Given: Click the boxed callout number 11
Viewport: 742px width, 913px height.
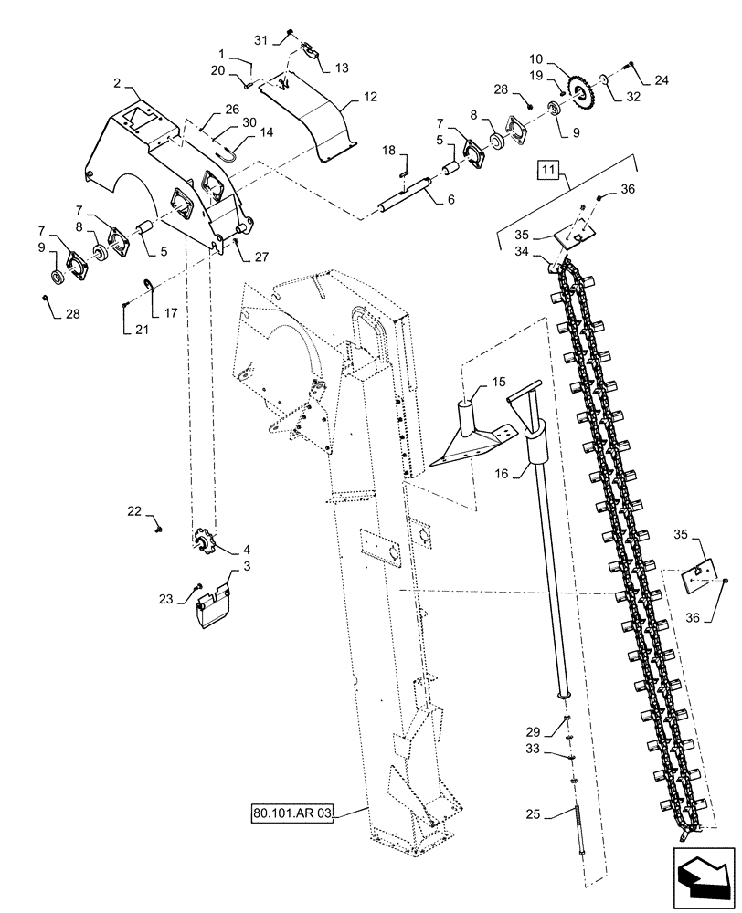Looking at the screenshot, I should (x=546, y=170).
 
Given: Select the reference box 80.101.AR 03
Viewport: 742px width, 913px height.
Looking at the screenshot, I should (x=291, y=812).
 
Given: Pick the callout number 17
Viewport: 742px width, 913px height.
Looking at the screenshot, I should (x=170, y=312).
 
